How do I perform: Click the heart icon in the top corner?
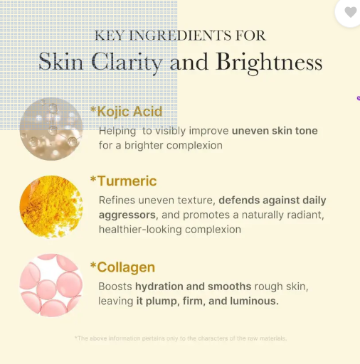(x=350, y=12)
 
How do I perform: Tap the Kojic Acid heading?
(x=126, y=111)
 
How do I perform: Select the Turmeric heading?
(x=123, y=181)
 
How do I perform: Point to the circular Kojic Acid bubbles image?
(x=51, y=129)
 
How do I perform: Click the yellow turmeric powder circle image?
(x=51, y=206)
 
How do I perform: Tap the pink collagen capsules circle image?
(x=51, y=285)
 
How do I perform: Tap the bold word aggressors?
(x=127, y=215)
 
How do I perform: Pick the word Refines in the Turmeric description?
(x=117, y=200)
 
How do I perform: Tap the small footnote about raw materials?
(x=180, y=338)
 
